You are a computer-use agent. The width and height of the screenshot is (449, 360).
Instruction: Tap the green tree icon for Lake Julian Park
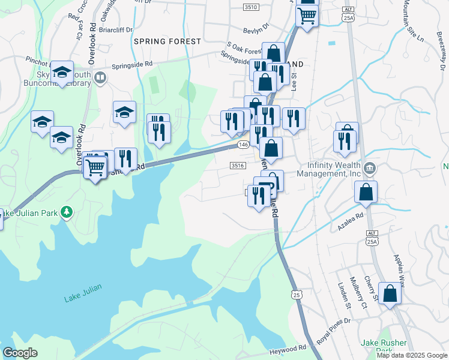click(x=67, y=212)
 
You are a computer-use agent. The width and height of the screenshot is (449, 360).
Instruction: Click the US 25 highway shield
click(x=295, y=294)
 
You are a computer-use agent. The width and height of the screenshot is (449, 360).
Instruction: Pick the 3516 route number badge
click(x=238, y=166)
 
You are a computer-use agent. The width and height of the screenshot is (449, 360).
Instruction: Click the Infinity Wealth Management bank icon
click(x=370, y=166)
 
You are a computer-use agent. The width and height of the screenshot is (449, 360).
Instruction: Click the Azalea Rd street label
click(x=351, y=216)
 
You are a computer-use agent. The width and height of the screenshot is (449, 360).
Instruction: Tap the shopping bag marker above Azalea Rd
click(x=366, y=193)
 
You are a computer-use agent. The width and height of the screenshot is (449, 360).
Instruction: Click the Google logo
click(x=20, y=353)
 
